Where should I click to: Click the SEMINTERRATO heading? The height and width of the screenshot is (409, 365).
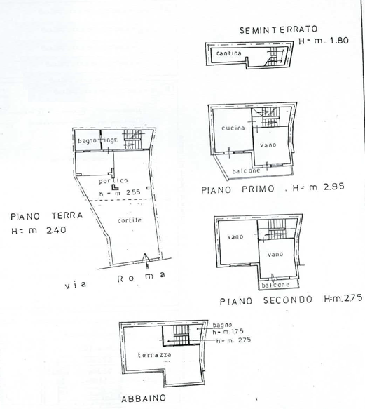click(x=279, y=29)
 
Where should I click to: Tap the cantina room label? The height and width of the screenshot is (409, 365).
click(x=229, y=53)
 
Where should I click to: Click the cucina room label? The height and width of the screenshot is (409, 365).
click(x=233, y=128)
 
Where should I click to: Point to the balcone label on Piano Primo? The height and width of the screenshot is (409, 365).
click(x=246, y=171)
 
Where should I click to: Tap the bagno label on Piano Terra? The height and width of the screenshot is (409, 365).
click(x=87, y=141)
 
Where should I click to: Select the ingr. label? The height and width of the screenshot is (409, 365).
click(x=111, y=140)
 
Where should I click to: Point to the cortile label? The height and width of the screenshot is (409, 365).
click(x=130, y=220)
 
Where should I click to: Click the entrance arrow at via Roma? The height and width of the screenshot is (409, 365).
click(x=146, y=260)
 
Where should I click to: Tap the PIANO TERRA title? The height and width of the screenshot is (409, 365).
click(x=47, y=216)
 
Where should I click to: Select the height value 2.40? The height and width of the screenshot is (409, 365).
click(x=56, y=230)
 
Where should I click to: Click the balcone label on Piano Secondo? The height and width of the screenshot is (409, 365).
click(x=275, y=285)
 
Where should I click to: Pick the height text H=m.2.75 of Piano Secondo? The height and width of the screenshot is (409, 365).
click(x=343, y=298)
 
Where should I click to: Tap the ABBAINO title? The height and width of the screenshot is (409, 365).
click(x=144, y=398)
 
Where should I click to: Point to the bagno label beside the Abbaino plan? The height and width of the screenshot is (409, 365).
click(x=222, y=325)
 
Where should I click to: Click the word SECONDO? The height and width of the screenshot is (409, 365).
click(x=288, y=300)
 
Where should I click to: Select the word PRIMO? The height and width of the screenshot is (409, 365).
click(x=258, y=189)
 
